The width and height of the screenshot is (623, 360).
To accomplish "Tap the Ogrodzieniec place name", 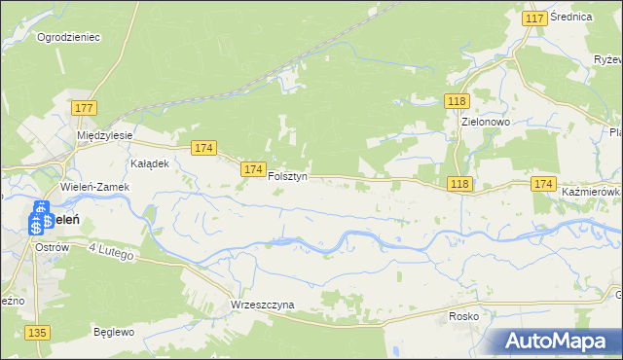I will [69, 37].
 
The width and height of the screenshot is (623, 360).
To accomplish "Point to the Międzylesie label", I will [106, 135].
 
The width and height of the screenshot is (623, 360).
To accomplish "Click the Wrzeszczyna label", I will [262, 305].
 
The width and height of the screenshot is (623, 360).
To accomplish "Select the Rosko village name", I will [464, 316].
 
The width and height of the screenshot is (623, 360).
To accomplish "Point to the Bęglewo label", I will [113, 331].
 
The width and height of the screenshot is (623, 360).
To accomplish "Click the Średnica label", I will [571, 17].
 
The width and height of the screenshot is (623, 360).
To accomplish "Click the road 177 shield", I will [84, 107].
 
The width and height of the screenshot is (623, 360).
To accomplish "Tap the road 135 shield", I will [38, 333].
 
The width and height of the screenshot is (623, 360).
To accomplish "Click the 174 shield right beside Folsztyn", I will [253, 169].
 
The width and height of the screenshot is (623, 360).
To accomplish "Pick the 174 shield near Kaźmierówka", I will [544, 184].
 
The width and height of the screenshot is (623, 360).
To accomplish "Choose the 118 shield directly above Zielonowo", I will [458, 101].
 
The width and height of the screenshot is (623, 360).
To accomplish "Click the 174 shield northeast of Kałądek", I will [202, 148].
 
